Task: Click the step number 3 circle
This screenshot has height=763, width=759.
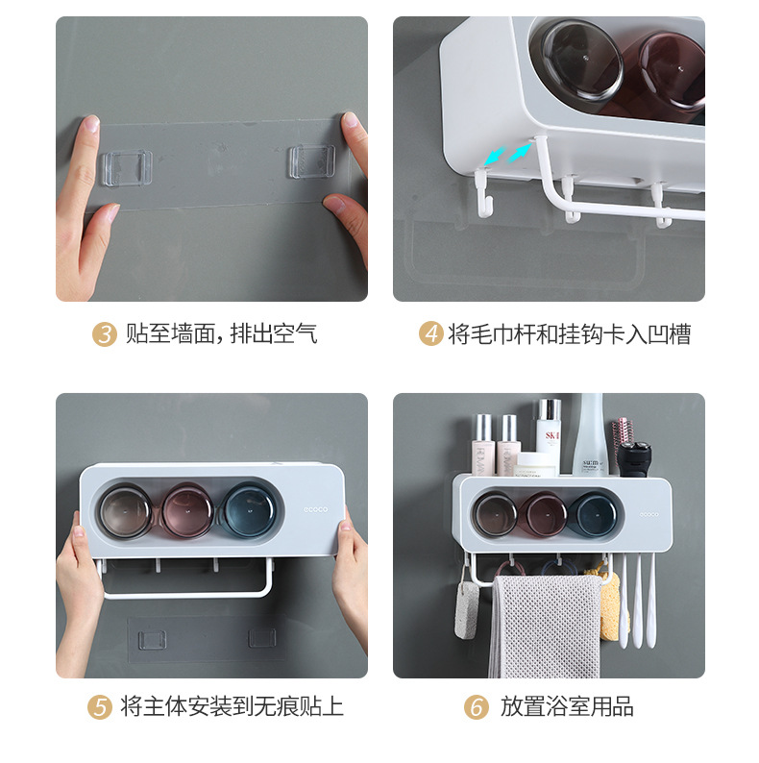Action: (x=105, y=334)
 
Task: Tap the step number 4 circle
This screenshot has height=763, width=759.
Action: (x=431, y=334)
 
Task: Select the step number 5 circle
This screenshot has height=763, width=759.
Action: (x=100, y=708)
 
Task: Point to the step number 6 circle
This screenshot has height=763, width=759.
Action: (x=477, y=708)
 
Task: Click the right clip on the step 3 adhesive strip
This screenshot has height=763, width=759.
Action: (x=311, y=160)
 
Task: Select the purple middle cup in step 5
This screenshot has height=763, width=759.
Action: (x=187, y=509)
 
